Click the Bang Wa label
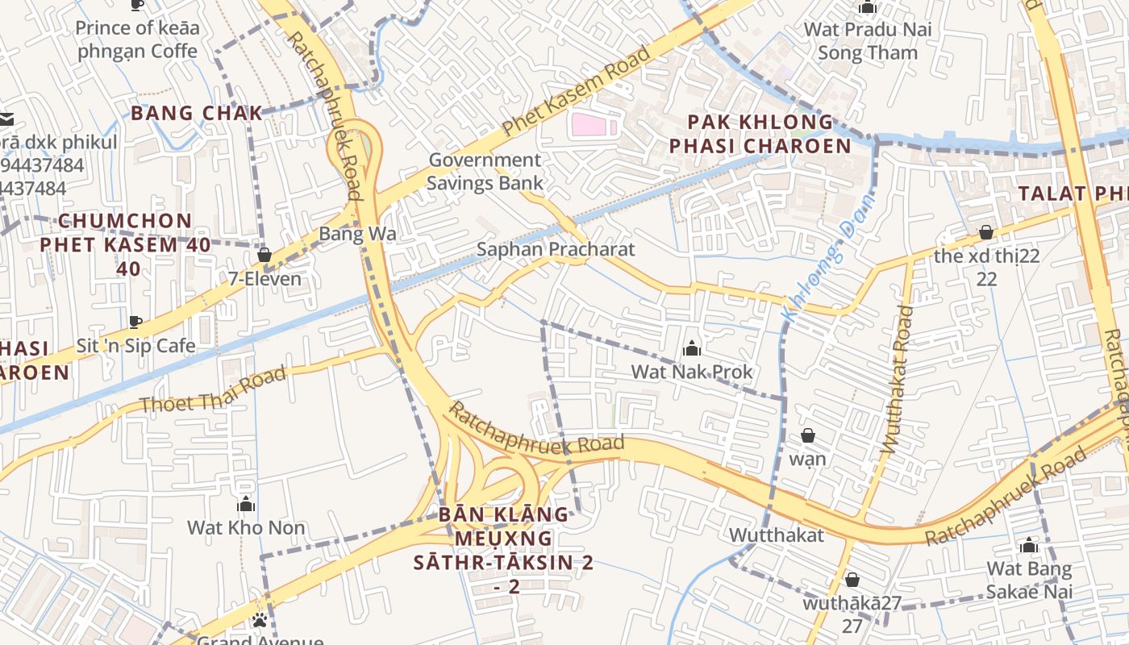(x=357, y=234)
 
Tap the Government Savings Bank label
(x=485, y=171)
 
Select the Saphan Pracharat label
(x=556, y=249)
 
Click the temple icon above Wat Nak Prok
(x=691, y=349)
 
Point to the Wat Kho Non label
(x=246, y=528)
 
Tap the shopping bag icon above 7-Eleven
(x=264, y=256)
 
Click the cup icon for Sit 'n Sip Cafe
(x=135, y=323)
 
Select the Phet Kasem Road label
(x=576, y=91)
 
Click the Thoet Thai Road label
(x=213, y=390)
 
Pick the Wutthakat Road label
(x=897, y=379)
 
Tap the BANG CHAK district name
(x=197, y=113)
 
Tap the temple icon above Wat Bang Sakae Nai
(x=1028, y=546)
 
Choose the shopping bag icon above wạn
(x=808, y=436)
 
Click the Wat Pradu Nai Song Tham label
(x=867, y=41)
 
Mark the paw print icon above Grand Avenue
(x=260, y=620)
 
